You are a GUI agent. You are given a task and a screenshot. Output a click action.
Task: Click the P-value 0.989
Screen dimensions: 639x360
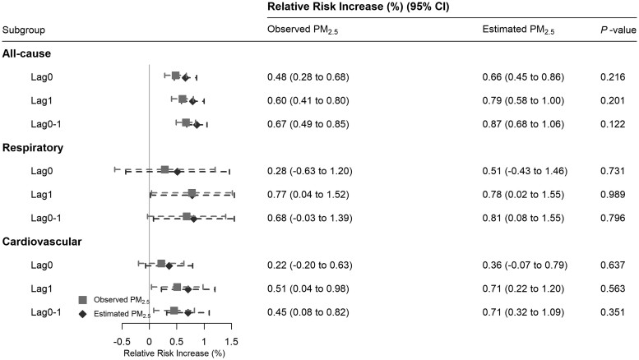(613, 194)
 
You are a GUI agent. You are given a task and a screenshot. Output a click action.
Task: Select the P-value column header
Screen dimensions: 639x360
(618, 30)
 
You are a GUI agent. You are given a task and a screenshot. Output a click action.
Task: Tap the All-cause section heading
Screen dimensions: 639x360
(26, 53)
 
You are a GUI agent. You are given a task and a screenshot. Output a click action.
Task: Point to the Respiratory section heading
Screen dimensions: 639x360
(33, 147)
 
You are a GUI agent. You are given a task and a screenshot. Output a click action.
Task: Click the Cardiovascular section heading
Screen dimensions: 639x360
(42, 242)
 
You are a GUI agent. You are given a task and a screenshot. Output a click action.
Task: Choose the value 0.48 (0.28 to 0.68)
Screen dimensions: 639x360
(308, 77)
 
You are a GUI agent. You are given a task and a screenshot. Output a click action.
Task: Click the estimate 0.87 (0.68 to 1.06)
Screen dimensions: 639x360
(523, 124)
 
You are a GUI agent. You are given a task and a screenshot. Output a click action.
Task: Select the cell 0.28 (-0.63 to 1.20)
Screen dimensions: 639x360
(310, 171)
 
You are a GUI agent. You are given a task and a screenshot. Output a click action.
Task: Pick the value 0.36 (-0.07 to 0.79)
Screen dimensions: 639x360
(525, 265)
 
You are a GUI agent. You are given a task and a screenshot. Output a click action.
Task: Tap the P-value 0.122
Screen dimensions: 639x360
(613, 124)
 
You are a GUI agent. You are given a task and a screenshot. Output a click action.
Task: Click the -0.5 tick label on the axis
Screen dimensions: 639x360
(122, 341)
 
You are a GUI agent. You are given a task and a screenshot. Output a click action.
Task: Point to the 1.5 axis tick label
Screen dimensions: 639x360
(231, 341)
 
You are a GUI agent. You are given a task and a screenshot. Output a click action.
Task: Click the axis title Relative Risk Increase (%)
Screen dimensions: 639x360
(174, 353)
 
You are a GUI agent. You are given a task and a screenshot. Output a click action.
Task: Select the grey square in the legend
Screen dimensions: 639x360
(83, 300)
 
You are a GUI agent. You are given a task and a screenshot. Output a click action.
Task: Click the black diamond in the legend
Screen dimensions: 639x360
(83, 314)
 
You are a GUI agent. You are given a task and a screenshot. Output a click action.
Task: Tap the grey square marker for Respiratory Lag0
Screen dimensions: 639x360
(164, 170)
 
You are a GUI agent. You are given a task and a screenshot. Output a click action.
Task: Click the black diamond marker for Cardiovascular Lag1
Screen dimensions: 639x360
(188, 289)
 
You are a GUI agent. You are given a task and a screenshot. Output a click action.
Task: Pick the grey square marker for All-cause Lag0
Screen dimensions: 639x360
(176, 76)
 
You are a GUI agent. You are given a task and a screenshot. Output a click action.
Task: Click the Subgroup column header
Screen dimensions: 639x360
(24, 30)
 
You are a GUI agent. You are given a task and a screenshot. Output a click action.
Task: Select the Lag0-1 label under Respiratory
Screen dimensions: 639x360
(46, 219)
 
